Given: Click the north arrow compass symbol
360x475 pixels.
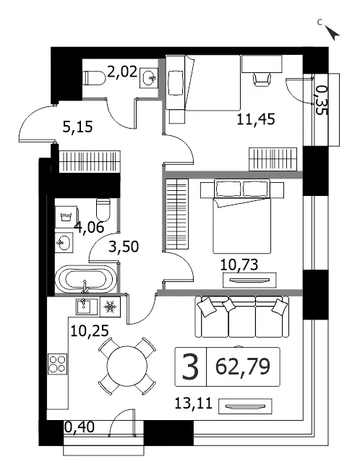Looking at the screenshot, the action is tap(333, 33).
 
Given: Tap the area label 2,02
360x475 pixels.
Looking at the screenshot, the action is tap(122, 73).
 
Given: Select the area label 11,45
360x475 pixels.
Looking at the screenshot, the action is tap(256, 119).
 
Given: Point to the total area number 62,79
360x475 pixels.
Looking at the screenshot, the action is tap(242, 367).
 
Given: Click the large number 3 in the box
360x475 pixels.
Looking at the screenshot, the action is tap(190, 367).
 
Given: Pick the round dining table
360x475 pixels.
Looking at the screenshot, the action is tap(127, 366).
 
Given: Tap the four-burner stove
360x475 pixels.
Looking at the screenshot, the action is tap(57, 364).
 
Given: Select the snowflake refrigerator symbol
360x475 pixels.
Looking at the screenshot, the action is tap(110, 307).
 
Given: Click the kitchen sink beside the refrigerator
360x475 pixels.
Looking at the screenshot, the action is tap(87, 307).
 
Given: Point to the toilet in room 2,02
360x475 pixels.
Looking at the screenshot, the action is tap(94, 78).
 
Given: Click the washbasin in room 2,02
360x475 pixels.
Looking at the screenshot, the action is tap(149, 78).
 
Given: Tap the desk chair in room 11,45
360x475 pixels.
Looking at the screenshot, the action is tap(261, 80).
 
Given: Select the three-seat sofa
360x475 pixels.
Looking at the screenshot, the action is tap(242, 317).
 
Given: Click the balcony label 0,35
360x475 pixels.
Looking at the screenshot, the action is tap(322, 100).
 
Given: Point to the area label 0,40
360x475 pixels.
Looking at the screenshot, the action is tap(80, 427).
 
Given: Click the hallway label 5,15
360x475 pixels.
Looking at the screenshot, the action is tap(77, 127).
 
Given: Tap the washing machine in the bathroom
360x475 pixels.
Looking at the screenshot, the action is tap(67, 217).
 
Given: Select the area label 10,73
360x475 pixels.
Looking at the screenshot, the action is tap(239, 265).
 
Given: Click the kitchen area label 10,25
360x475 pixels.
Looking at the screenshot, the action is tap(90, 331).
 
